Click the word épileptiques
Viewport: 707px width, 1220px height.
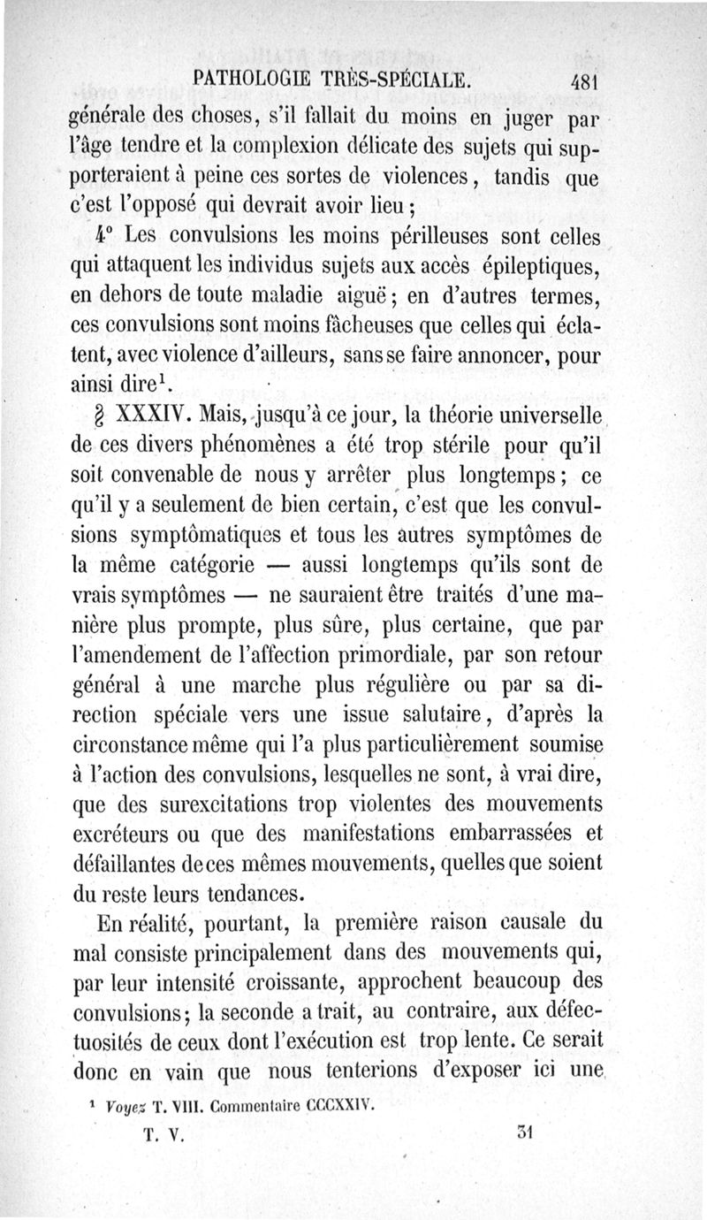pos(541,265)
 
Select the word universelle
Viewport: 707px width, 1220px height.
pos(539,413)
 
